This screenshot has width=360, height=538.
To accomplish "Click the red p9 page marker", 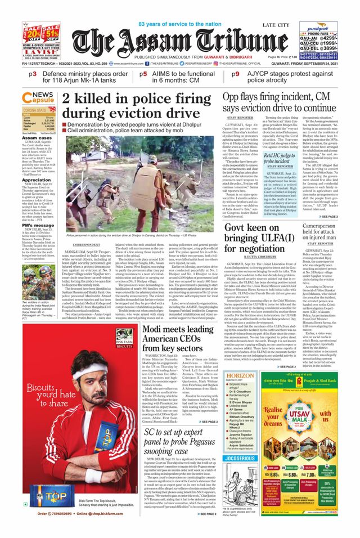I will [x=236, y=73].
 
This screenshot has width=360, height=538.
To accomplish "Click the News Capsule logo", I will [x=39, y=98].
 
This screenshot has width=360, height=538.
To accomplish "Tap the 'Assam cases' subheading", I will [x=38, y=138].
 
